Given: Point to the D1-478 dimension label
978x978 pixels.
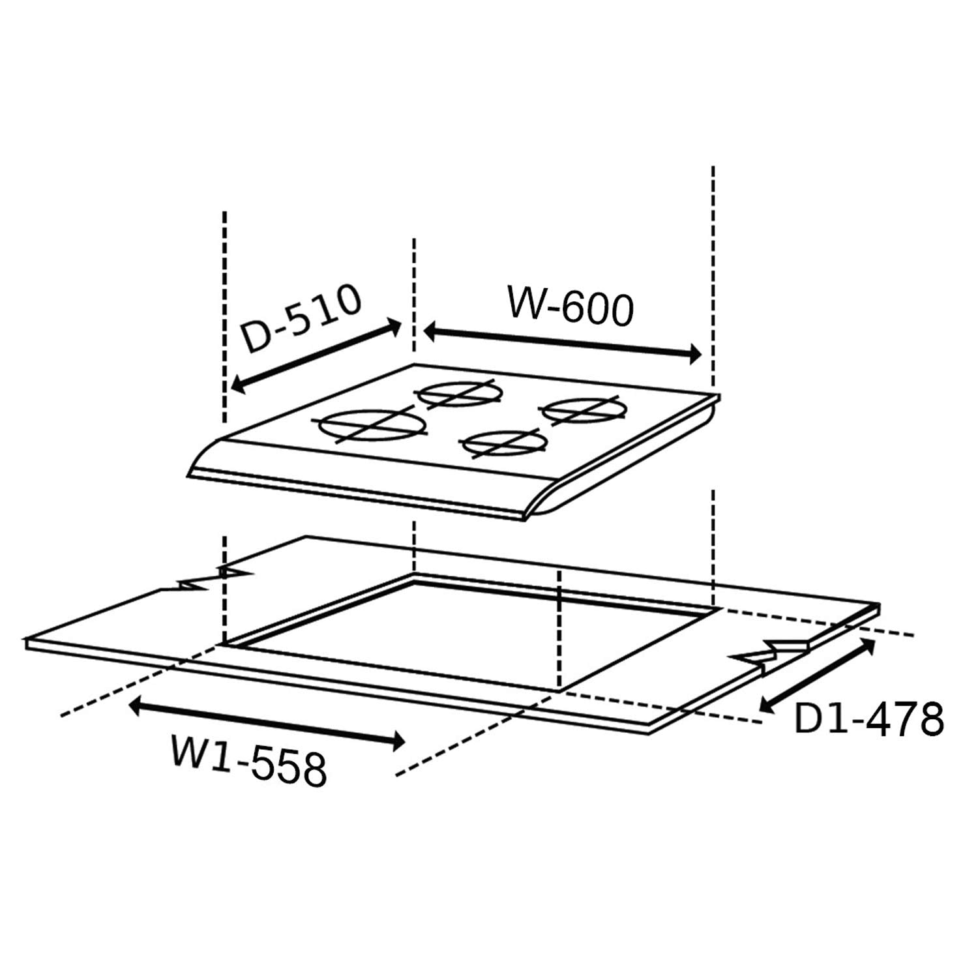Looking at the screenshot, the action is tap(869, 719).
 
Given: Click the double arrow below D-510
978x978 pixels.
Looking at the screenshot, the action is tap(316, 356).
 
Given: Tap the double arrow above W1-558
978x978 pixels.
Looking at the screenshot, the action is tap(267, 722).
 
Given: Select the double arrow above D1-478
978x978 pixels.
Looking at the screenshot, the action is tap(818, 674).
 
